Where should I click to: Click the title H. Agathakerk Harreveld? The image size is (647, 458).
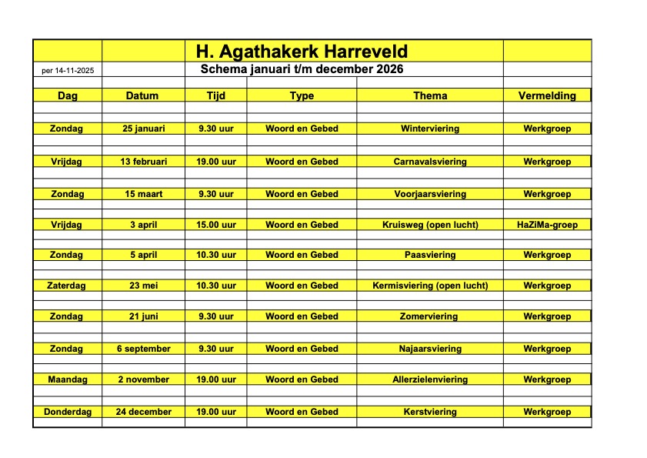click(x=302, y=52)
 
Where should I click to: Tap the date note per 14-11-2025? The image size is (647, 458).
click(x=68, y=71)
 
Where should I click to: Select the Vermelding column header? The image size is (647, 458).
click(x=547, y=95)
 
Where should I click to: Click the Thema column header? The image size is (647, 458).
click(x=430, y=95)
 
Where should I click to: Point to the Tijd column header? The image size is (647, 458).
click(x=216, y=95)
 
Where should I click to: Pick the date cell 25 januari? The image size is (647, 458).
click(x=144, y=129)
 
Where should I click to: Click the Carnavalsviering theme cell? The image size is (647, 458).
click(x=430, y=162)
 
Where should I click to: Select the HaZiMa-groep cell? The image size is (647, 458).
click(x=547, y=225)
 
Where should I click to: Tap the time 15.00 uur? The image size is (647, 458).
click(x=216, y=225)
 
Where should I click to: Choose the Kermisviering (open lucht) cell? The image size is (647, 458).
click(x=430, y=286)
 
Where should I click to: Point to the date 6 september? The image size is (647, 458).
click(x=144, y=349)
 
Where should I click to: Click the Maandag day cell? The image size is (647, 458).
click(x=68, y=379)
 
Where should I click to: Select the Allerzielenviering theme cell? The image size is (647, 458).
click(x=430, y=379)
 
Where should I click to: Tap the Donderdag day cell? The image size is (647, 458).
click(x=68, y=412)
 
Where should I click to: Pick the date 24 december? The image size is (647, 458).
click(x=144, y=412)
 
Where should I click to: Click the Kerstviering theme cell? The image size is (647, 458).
click(x=430, y=412)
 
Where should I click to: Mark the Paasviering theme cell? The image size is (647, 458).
click(x=430, y=255)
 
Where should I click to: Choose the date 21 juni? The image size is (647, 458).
click(x=144, y=316)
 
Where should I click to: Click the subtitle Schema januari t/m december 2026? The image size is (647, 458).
click(x=302, y=70)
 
